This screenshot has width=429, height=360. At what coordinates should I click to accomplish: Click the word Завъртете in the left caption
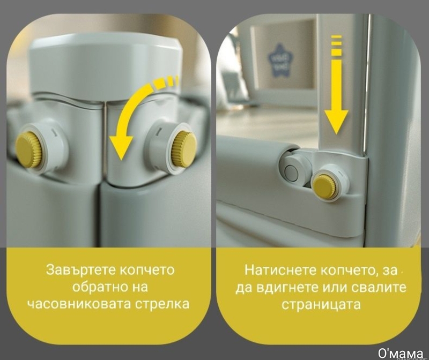point(81,270)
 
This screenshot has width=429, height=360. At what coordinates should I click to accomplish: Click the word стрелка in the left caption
point(162,304)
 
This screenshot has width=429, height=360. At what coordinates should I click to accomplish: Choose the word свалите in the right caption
point(379,287)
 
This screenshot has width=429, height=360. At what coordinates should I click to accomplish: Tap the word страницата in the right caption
point(321,304)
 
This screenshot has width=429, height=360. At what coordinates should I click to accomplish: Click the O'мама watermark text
point(400,353)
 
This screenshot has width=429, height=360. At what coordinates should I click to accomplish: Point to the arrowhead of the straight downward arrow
point(336,122)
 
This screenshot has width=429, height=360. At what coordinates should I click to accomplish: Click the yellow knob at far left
point(28,150)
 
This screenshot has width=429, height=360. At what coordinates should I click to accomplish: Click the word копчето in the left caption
point(147,270)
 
